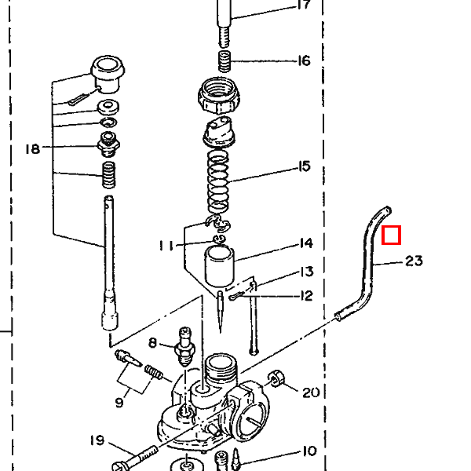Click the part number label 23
click(414, 261)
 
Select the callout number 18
click(32, 148)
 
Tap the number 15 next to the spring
click(304, 166)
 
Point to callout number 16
click(304, 60)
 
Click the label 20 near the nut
click(311, 392)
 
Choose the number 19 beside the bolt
click(96, 440)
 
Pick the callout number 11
click(166, 246)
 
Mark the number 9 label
click(119, 403)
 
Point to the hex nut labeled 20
click(277, 381)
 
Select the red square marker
click(391, 235)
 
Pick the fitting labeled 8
click(185, 345)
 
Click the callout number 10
click(308, 451)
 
